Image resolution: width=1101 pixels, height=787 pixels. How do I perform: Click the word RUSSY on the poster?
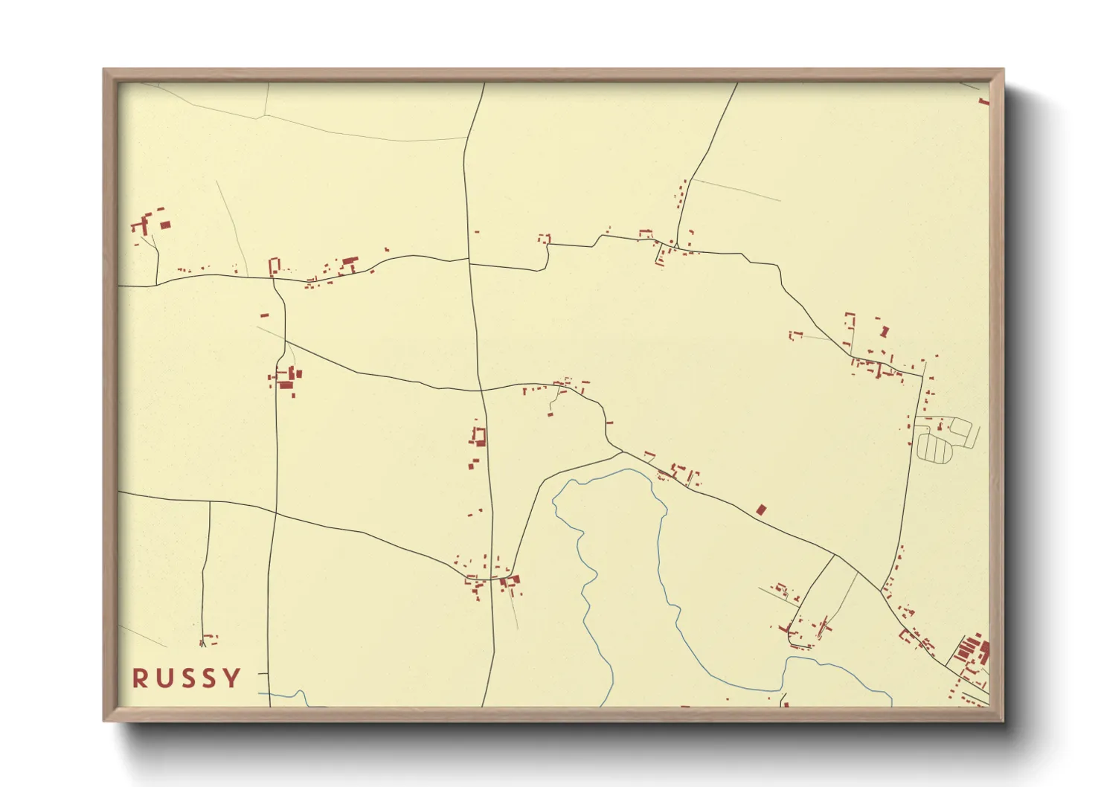(187, 678)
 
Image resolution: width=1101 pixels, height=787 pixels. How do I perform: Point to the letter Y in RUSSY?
(234, 678)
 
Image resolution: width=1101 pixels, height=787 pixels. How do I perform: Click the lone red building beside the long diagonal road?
(760, 510)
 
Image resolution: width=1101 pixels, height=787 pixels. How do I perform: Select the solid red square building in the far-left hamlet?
(165, 224)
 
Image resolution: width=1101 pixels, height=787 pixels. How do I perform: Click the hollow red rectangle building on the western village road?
(274, 266)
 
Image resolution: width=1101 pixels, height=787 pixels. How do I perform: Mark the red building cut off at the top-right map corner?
(984, 100)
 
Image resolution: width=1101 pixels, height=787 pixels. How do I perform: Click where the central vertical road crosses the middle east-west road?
(480, 390)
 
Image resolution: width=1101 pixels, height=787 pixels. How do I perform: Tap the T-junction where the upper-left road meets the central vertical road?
(469, 260)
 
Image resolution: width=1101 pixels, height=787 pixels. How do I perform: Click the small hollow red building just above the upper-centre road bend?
(545, 239)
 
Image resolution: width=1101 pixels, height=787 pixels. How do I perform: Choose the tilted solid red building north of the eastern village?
(884, 331)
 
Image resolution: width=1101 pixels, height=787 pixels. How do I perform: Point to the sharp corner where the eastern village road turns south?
(922, 376)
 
